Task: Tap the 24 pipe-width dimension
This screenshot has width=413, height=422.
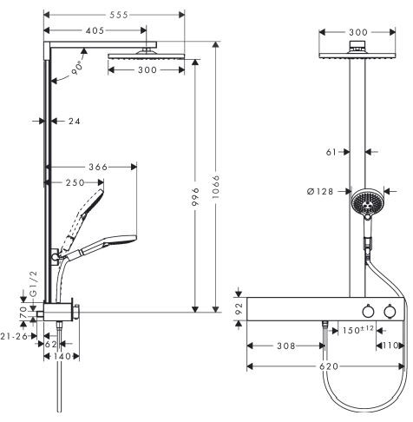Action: (x=74, y=121)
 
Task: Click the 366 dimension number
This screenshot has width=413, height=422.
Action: (x=104, y=168)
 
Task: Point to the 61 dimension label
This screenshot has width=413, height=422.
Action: (x=332, y=152)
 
